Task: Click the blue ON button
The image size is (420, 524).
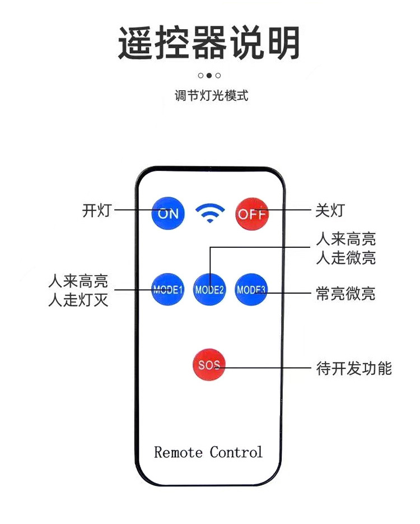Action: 168,213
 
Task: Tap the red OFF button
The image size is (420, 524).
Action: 251,214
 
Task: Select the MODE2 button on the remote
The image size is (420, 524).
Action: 209,290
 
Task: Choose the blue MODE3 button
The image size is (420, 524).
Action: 251,289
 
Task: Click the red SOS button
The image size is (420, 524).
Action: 208,365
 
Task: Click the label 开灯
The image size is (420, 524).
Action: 97,211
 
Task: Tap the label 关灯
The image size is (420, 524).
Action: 330,211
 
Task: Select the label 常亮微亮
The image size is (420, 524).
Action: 345,293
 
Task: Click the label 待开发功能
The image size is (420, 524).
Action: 354,368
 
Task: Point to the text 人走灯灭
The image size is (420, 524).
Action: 78,300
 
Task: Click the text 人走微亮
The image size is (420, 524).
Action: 346,258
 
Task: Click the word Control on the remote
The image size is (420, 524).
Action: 236,452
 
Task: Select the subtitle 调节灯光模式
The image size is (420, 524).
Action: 211,95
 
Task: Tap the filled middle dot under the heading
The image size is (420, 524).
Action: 209,75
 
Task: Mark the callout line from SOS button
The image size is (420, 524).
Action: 269,368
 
